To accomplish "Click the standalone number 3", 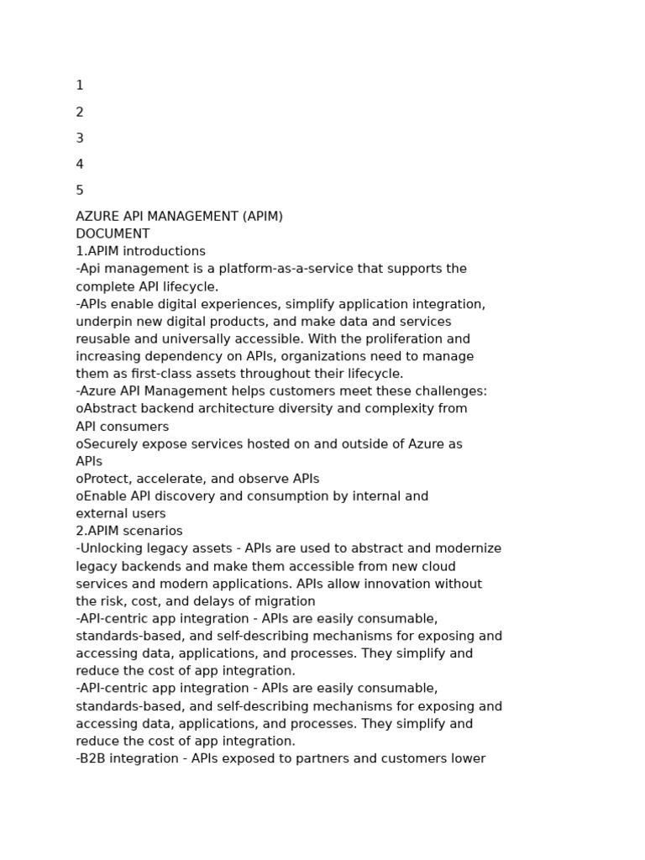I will point(80,139).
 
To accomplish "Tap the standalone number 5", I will point(80,191).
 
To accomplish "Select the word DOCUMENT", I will point(113,234).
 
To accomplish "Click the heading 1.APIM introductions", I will point(140,252).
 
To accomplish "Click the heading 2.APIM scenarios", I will point(129,532).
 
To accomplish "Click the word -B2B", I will point(92,758).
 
